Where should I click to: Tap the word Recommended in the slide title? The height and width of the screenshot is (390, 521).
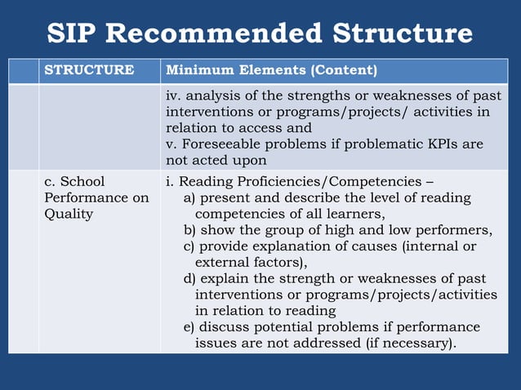tap(211, 33)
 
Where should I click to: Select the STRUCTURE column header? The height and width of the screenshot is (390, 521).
tap(89, 70)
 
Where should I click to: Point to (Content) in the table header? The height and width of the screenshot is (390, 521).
tap(342, 70)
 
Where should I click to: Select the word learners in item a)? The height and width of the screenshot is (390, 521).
tap(354, 214)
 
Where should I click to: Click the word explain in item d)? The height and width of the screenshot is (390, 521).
tap(226, 278)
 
